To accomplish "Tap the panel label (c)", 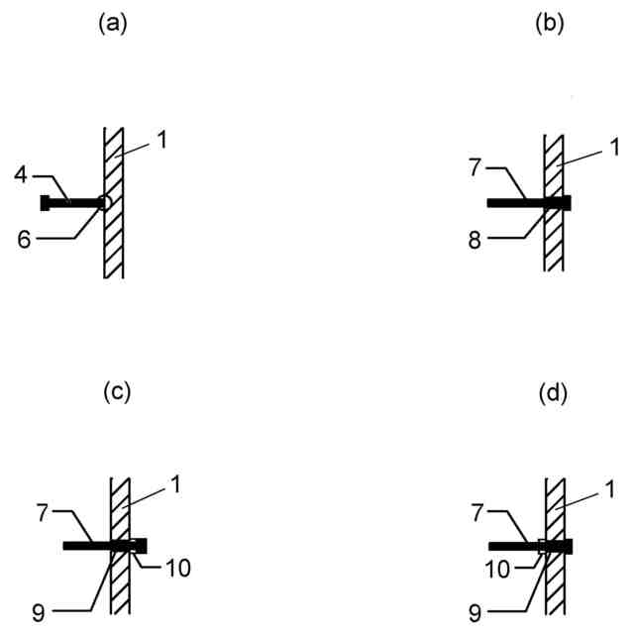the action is click(117, 391).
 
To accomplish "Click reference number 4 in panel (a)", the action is click(21, 176).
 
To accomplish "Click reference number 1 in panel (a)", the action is click(160, 140).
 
